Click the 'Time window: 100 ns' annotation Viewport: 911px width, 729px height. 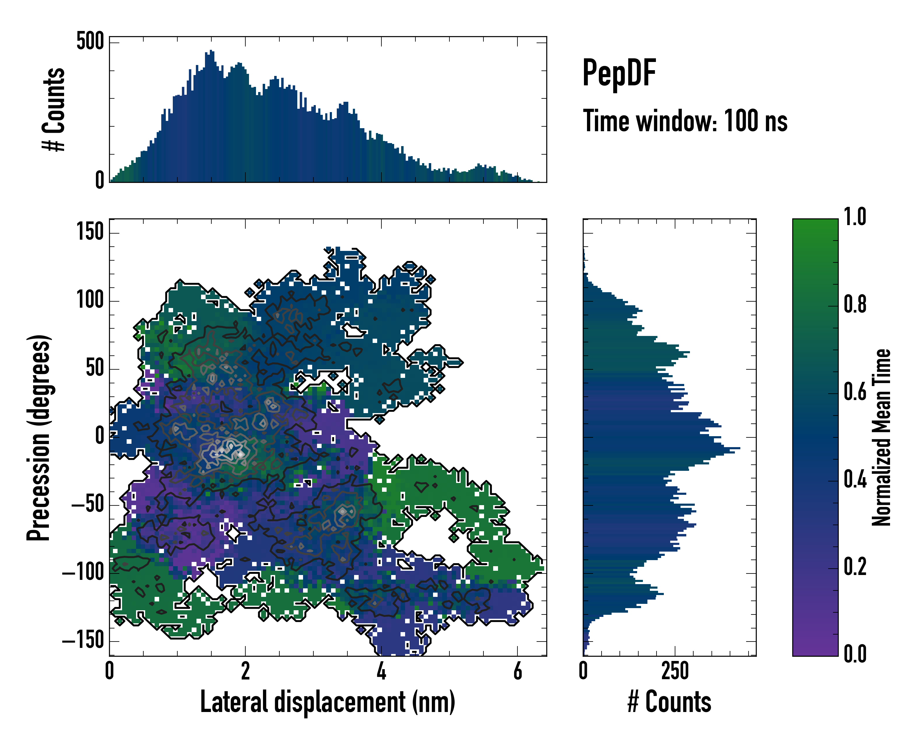coord(685,121)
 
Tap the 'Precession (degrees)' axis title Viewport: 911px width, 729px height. coord(39,437)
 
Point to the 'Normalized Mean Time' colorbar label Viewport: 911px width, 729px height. coord(882,437)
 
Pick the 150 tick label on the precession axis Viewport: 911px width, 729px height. coord(90,232)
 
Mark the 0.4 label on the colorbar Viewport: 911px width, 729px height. coord(855,480)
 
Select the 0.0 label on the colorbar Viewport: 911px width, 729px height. coord(855,654)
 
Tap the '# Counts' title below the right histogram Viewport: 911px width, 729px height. coord(669,702)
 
